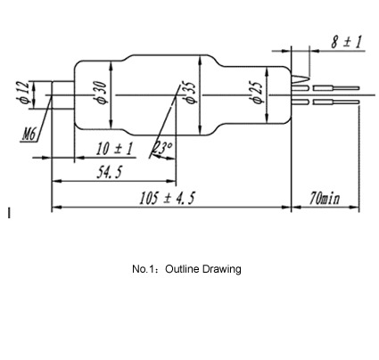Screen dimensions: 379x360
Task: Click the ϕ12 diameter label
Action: [24, 93]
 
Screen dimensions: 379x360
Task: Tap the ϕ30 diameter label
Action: [101, 93]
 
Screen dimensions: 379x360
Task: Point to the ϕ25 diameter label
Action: [257, 93]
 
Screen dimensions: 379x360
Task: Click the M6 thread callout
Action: [29, 135]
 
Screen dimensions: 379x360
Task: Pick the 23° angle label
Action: [163, 148]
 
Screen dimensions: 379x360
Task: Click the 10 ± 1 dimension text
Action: [114, 149]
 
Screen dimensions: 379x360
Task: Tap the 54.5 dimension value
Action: [110, 172]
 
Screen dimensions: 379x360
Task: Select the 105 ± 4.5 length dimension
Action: [168, 198]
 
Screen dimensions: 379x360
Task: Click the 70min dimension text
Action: [325, 198]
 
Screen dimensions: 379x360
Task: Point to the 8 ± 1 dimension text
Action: [347, 42]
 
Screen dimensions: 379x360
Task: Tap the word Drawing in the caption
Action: [222, 269]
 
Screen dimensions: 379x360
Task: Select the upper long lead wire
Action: [336, 88]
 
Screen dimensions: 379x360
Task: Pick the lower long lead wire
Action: [336, 102]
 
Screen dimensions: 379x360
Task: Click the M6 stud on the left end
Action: [62, 95]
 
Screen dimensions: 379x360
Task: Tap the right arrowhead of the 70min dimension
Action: [355, 207]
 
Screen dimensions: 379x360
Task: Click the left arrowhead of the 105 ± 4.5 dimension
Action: [56, 207]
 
